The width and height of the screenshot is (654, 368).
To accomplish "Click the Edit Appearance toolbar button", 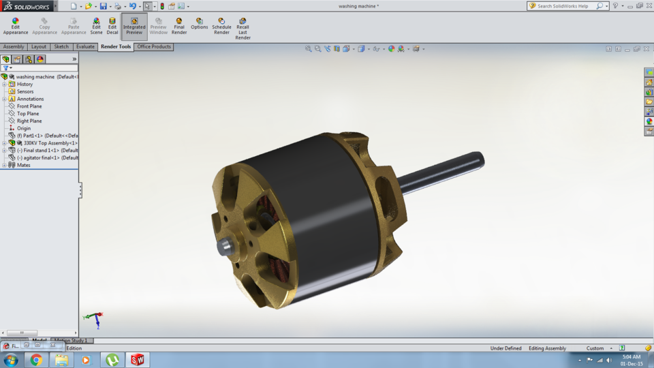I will tap(15, 26).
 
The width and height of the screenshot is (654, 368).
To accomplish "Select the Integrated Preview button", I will tap(134, 26).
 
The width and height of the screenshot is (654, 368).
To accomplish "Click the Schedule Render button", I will tap(221, 26).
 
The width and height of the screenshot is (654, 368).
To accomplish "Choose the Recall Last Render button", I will tap(243, 28).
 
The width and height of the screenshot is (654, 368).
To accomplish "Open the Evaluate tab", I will tap(85, 47).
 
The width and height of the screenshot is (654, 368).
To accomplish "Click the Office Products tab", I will tap(154, 47).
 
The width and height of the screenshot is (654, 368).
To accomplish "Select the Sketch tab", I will tap(61, 47).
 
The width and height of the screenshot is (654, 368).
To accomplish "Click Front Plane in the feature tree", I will tap(29, 106).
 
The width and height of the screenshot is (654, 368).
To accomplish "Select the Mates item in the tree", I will tap(24, 165).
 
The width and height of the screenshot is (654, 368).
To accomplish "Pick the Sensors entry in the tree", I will tap(25, 91).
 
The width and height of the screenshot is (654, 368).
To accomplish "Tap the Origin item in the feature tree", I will tap(24, 128).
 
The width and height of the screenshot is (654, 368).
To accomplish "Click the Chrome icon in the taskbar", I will tap(36, 360).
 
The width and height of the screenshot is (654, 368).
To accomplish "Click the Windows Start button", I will tap(11, 360).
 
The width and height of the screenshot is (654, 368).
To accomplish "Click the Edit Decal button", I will tap(112, 26).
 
